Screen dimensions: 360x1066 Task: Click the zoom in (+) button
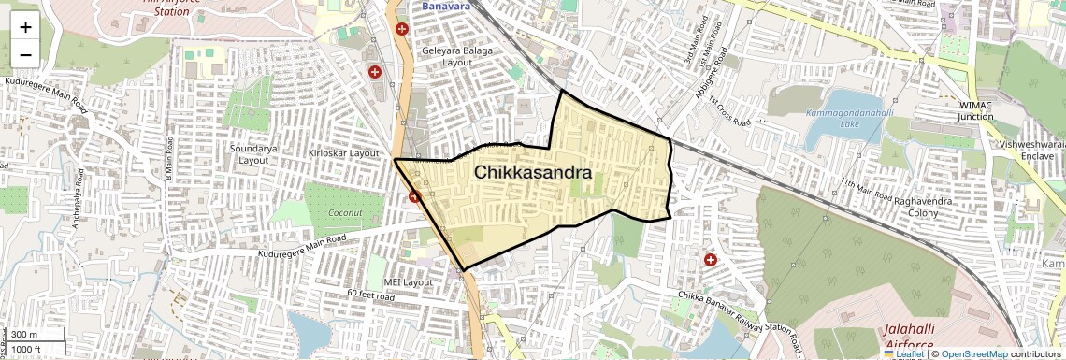(x=25, y=27)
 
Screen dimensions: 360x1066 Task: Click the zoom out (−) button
(x=25, y=54)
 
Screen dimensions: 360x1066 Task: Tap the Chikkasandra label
(x=532, y=173)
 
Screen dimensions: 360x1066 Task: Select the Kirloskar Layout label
(x=343, y=152)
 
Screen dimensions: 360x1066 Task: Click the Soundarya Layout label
(x=253, y=154)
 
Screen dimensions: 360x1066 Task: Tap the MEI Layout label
(x=408, y=281)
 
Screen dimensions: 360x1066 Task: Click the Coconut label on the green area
(x=345, y=212)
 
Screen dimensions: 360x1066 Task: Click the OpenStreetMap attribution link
(x=973, y=353)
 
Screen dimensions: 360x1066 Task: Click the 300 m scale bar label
(x=25, y=335)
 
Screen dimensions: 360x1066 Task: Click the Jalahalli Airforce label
(x=915, y=338)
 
